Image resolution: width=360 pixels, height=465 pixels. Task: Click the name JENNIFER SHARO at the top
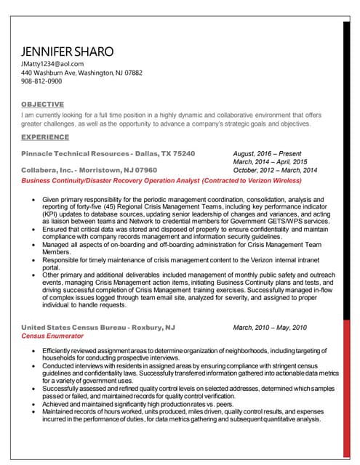[68, 52]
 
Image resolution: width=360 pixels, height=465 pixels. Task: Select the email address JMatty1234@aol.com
[52, 64]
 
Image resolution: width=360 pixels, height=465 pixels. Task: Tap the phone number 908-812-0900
[42, 83]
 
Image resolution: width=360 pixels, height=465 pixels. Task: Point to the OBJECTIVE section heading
[42, 105]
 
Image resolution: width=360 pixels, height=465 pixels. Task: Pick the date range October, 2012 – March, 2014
[275, 170]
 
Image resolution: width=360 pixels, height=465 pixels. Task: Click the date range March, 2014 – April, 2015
[270, 162]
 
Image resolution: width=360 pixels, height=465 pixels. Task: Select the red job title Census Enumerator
[52, 336]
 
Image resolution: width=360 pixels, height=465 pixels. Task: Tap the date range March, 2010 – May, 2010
[270, 328]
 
